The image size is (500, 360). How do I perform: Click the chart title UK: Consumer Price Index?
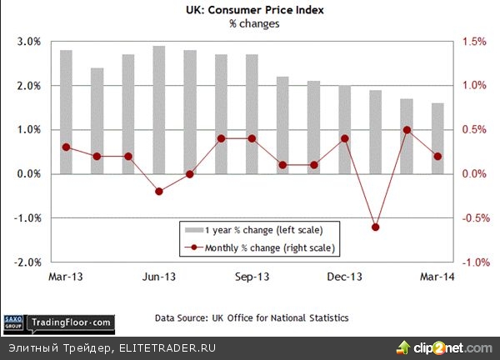[254, 11]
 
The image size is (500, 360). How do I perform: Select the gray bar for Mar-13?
[66, 112]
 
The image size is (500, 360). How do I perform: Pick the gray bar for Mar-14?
[437, 138]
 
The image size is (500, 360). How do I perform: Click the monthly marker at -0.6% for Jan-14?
[375, 227]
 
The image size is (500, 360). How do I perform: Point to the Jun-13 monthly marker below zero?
[159, 192]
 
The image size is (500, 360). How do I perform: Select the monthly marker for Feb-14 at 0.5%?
[407, 130]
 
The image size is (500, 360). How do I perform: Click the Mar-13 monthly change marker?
[66, 147]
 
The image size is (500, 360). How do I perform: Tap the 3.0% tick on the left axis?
[29, 42]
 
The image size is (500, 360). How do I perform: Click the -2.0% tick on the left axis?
[28, 262]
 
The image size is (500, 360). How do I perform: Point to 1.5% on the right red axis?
[474, 42]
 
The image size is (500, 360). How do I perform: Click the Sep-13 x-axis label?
[252, 276]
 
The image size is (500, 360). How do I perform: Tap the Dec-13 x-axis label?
[344, 276]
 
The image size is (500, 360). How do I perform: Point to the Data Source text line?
[251, 318]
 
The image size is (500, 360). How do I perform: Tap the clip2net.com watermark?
[447, 347]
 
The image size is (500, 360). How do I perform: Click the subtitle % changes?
[254, 24]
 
